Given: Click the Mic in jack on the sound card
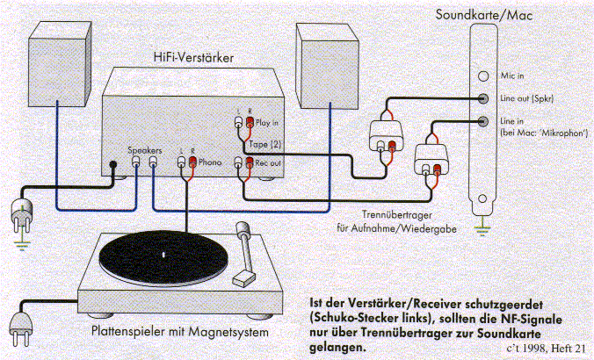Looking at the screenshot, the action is (483, 76).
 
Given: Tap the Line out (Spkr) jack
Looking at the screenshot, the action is (483, 99).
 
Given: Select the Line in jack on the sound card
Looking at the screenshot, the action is (483, 121).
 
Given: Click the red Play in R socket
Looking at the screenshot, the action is (250, 122).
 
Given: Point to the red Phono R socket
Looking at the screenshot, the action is (192, 162).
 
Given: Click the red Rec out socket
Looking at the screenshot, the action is (250, 162).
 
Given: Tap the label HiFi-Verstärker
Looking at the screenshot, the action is (193, 58).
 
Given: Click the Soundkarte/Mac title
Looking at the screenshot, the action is (484, 15).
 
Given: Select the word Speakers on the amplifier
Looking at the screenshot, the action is (145, 150).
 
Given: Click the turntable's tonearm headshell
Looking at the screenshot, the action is (243, 279).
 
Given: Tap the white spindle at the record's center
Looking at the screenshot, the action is (163, 255).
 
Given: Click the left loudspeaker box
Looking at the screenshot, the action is (60, 63).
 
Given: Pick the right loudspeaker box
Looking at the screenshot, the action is (327, 66).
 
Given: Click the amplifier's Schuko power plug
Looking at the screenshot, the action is (22, 214).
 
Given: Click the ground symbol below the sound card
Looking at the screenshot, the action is (482, 230).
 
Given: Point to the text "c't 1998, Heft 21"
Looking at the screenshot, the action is (546, 348).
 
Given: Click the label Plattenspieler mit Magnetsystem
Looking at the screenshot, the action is (180, 332).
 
